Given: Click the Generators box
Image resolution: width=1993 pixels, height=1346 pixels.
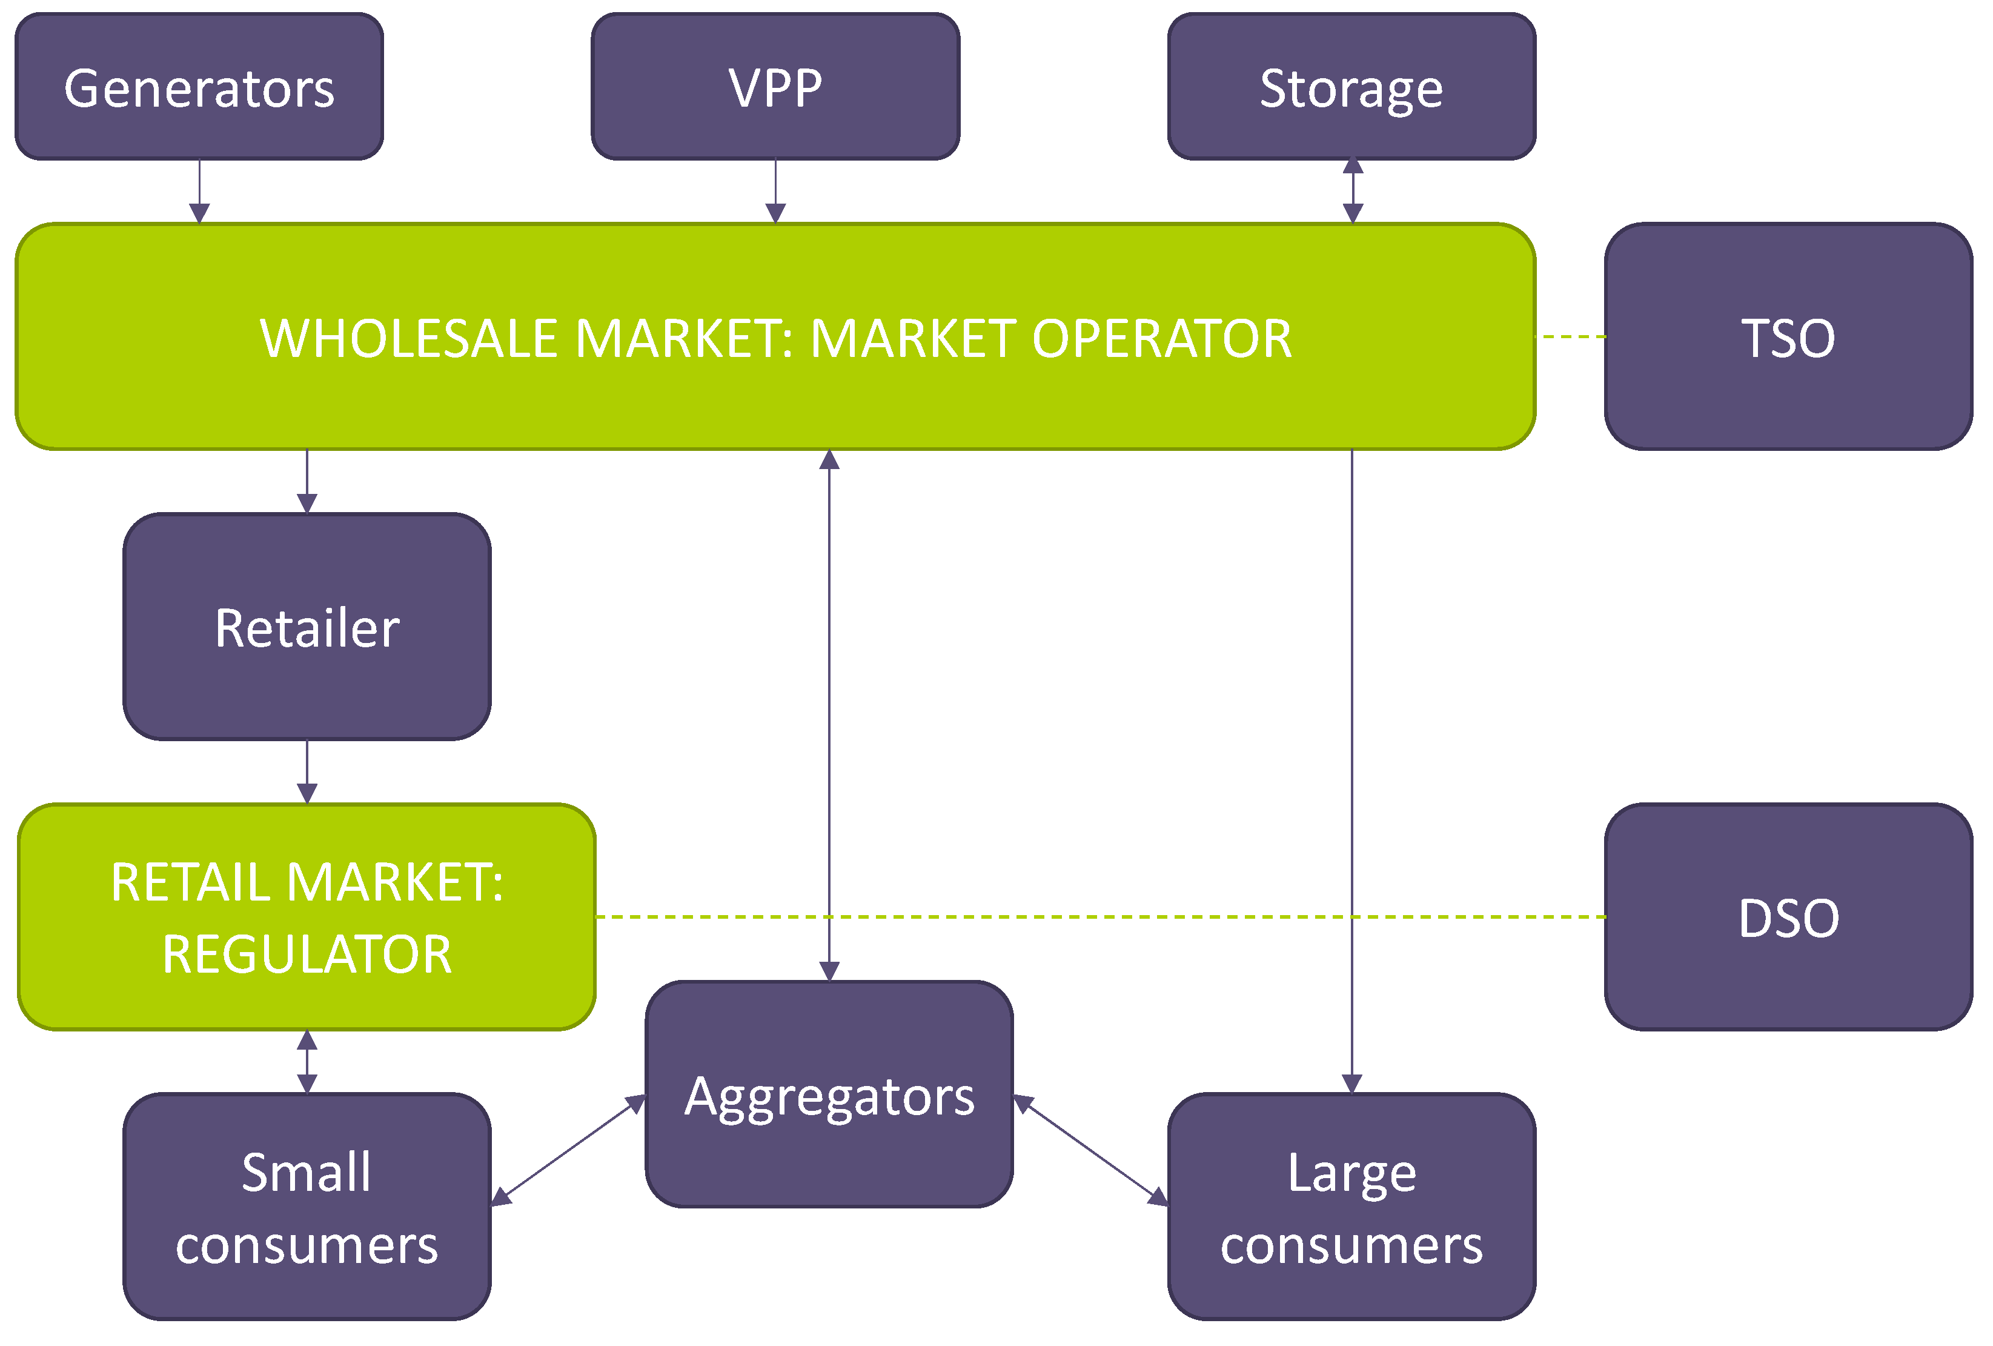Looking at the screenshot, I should coord(199,87).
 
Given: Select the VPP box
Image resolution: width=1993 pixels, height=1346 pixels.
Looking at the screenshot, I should coord(775,87).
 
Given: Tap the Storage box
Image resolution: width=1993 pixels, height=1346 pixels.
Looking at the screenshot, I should coord(1351,87).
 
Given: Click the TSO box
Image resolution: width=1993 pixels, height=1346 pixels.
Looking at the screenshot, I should coord(1788,336).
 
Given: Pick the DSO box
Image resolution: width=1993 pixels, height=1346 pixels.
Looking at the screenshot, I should coord(1788,917).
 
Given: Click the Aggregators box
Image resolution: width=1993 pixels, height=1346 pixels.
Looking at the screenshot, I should coord(829,1094).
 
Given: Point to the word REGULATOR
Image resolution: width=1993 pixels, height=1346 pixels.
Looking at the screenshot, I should coord(307,954).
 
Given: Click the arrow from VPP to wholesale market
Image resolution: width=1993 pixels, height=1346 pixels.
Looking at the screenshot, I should coord(775,190).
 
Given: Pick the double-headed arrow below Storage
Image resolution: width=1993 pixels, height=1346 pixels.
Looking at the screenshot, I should coord(1352,190).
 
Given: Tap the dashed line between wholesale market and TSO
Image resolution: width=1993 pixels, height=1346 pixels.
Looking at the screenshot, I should coord(1570,336).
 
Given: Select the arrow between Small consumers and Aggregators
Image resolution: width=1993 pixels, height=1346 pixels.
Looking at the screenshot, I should coord(568,1151).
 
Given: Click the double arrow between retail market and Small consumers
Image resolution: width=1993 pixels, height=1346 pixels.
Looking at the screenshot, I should coord(307,1061).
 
